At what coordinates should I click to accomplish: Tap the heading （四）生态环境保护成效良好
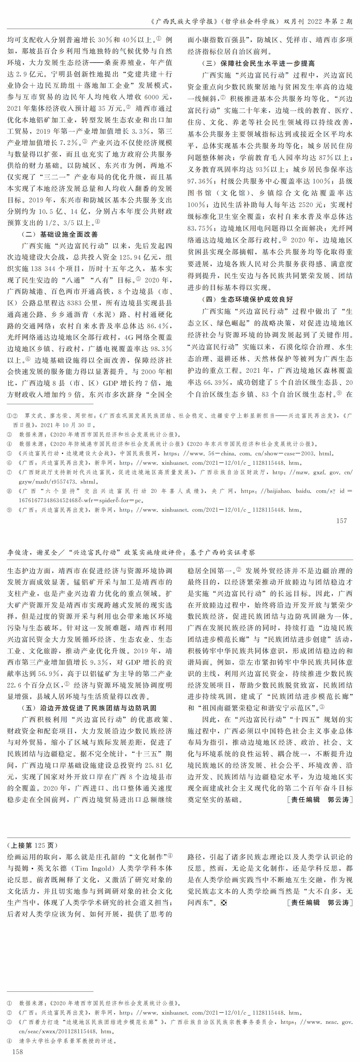[x=247, y=299]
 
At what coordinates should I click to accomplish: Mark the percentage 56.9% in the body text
[x=50, y=674]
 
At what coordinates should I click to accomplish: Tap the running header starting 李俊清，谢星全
[x=131, y=552]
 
